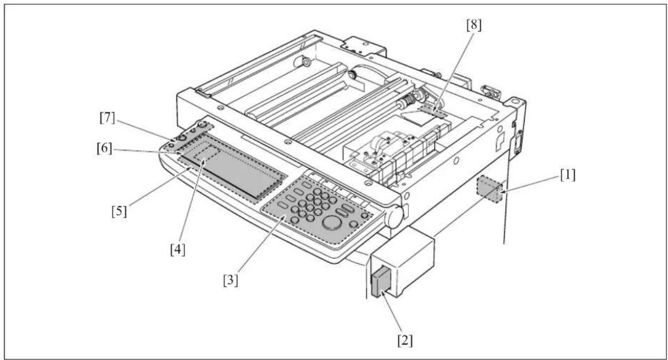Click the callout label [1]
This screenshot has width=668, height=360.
point(568,175)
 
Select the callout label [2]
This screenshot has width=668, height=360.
point(405,341)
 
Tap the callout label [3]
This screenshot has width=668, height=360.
point(230,281)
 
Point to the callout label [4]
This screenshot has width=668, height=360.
point(178,250)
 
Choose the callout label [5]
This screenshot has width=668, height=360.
point(119,211)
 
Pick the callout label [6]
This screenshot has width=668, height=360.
point(104,148)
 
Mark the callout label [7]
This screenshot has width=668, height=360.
point(107,118)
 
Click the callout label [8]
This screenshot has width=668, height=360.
point(474,25)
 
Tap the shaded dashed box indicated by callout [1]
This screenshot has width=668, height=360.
point(489,189)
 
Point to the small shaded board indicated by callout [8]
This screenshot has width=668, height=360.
point(433,111)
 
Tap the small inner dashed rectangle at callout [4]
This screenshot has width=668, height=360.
point(207,153)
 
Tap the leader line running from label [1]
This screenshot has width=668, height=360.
point(530,185)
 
